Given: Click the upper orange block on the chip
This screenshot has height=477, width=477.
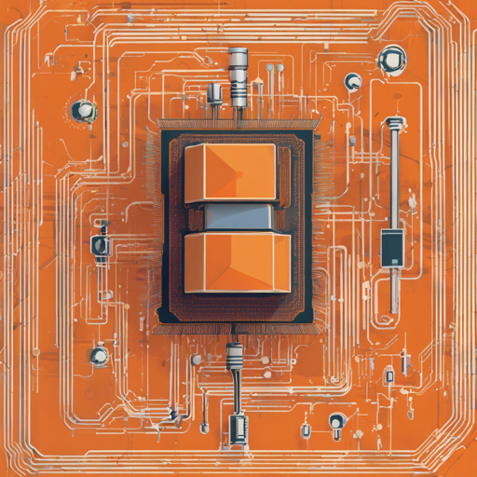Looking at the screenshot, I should click(x=230, y=172).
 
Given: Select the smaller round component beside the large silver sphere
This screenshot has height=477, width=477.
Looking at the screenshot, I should click(x=352, y=81).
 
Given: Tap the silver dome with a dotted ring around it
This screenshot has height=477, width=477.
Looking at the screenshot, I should click(x=85, y=111).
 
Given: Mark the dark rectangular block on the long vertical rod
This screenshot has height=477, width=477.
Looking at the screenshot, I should click(x=391, y=247).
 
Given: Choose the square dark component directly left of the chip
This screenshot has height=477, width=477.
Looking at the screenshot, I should click(x=100, y=245).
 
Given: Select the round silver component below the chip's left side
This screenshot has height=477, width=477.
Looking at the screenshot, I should click(x=99, y=355).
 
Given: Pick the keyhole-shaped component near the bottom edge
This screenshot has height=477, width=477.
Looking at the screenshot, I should click(x=335, y=424).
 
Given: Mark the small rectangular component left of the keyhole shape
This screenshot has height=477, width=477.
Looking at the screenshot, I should click(x=304, y=429).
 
